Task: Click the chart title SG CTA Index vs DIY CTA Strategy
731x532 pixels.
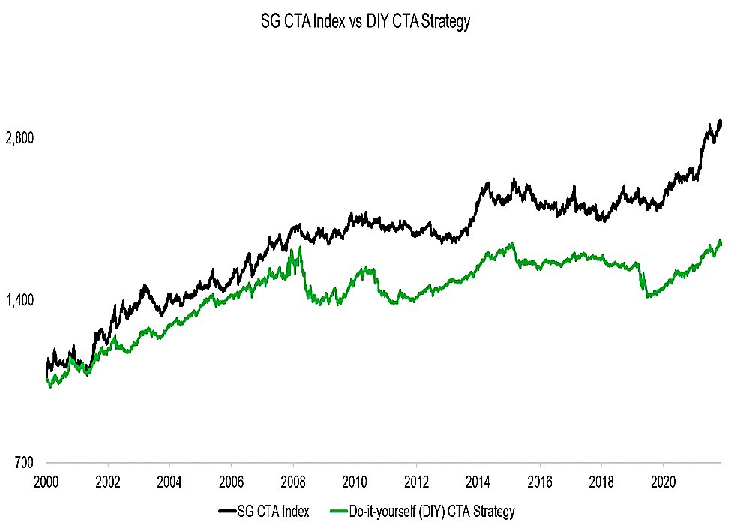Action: coord(366,22)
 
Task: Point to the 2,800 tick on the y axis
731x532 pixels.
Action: coord(19,138)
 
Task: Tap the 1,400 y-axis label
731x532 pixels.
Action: coord(19,300)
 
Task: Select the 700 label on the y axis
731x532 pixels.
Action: coord(24,462)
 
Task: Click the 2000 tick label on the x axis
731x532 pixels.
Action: coord(46,482)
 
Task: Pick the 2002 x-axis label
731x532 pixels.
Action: coord(108,482)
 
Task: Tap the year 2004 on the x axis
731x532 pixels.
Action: coord(169,482)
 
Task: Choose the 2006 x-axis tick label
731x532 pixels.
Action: coord(231,482)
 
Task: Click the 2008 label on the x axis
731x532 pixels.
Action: coord(292,482)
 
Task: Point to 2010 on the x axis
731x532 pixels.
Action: coord(355,482)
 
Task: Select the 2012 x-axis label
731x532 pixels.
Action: coord(416,482)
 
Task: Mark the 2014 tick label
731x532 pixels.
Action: coord(478,482)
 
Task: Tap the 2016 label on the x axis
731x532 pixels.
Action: coord(539,482)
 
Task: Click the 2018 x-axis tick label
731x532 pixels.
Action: coord(601,482)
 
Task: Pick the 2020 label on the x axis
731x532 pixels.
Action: coord(663,482)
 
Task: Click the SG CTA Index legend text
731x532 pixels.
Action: coord(273,512)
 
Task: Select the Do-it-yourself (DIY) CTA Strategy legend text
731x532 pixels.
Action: coord(432,512)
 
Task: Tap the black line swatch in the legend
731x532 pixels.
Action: coord(227,512)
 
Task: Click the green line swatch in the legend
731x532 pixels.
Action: coord(340,512)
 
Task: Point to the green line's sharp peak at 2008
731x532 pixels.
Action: coord(299,247)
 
